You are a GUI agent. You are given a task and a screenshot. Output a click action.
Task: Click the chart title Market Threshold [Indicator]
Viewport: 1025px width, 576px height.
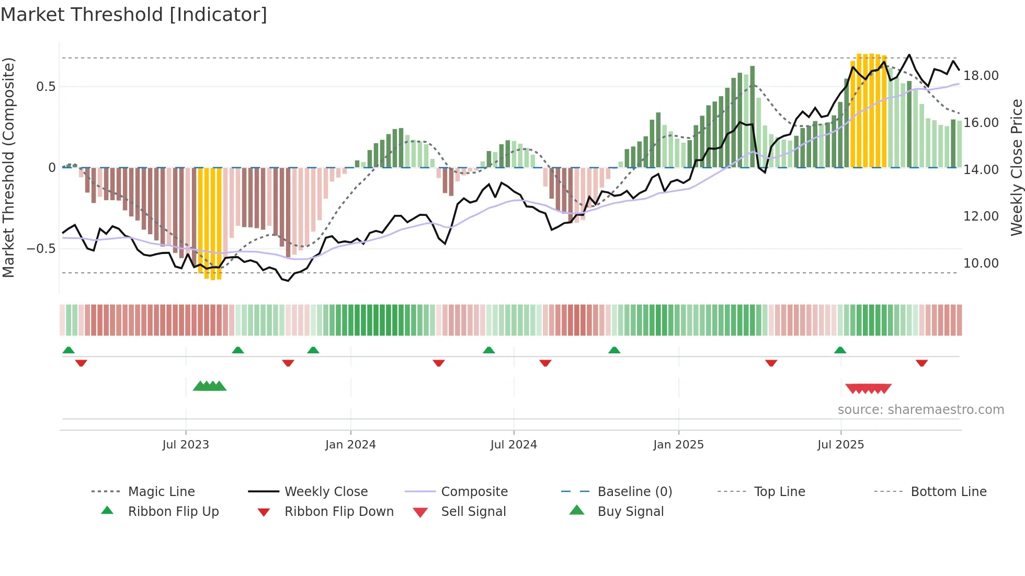[x=134, y=15]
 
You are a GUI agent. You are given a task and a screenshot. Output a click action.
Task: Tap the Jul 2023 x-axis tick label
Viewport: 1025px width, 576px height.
[x=185, y=445]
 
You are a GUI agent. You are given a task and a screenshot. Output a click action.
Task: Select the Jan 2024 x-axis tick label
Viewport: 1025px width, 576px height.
[x=350, y=445]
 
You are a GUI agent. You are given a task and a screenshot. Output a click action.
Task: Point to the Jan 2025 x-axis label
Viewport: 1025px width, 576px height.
[x=678, y=445]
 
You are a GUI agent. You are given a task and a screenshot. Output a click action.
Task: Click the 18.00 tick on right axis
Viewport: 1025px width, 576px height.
[x=981, y=76]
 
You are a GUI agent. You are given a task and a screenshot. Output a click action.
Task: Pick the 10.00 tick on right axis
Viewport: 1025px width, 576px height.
[x=981, y=263]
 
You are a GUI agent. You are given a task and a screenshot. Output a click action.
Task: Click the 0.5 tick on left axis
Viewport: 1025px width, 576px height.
[x=45, y=87]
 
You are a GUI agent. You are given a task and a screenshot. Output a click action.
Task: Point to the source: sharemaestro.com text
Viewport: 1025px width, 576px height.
[x=920, y=410]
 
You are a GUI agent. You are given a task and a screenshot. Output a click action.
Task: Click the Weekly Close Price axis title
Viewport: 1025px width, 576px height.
[x=1016, y=167]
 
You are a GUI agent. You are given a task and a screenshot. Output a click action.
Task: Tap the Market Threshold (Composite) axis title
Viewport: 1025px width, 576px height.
[x=8, y=167]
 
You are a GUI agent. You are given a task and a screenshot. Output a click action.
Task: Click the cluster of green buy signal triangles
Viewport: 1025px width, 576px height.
[x=210, y=386]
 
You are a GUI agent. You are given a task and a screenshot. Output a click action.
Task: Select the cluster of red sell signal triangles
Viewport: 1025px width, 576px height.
[x=868, y=388]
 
